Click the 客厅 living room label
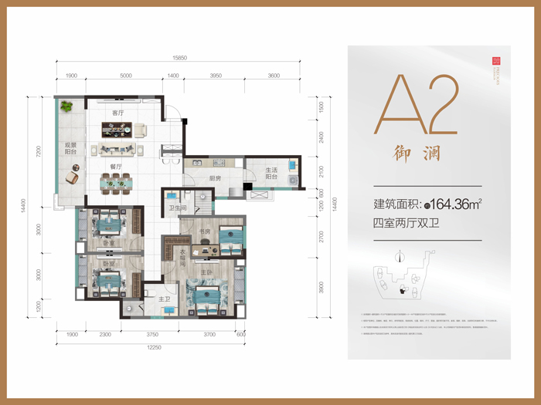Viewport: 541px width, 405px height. click(117, 113)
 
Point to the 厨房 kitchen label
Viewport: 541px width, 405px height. click(214, 178)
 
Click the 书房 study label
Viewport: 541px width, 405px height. click(205, 231)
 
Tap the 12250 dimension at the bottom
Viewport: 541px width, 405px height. click(149, 349)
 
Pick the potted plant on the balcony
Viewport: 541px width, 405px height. click(67, 106)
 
